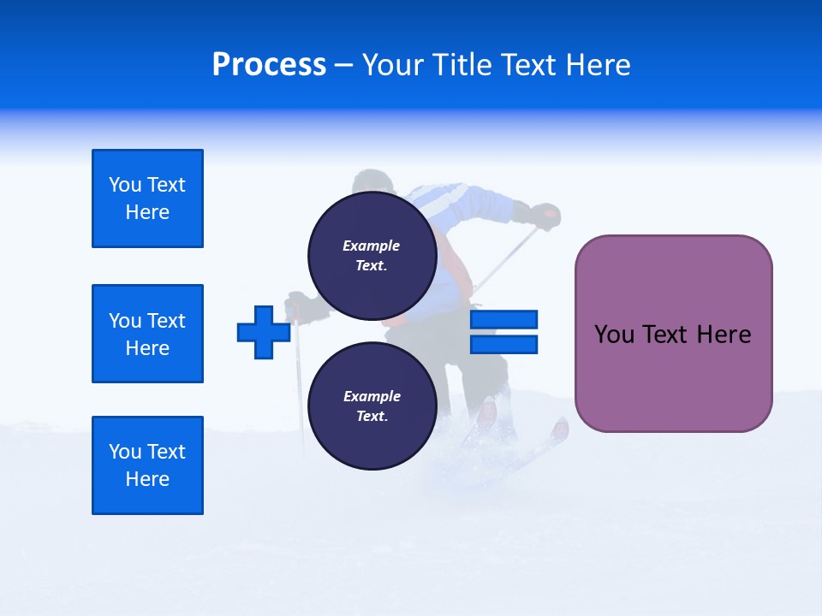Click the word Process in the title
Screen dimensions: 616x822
269,65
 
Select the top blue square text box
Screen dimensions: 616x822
147,198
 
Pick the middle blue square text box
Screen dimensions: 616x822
147,334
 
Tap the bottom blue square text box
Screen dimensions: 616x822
147,465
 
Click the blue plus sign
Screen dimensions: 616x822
264,332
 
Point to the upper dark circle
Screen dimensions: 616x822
372,256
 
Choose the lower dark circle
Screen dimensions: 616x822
372,406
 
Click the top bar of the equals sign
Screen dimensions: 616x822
503,319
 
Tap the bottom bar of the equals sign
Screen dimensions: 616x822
503,344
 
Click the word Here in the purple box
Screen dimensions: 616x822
724,335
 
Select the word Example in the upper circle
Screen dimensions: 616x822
371,246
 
